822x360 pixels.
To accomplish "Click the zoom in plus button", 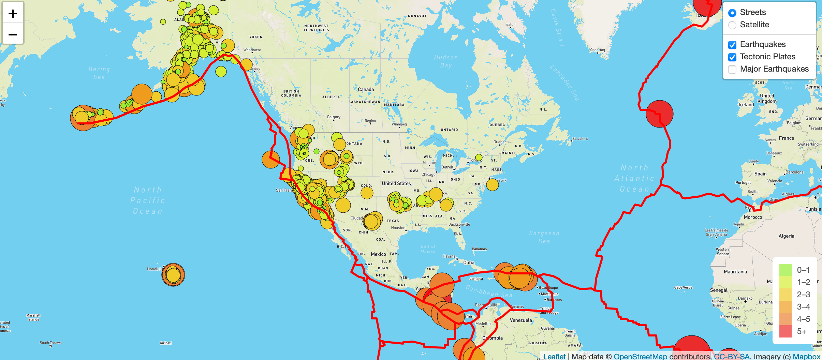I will pyautogui.click(x=13, y=13).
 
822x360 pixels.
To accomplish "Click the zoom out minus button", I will pyautogui.click(x=13, y=34).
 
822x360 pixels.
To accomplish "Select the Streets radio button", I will pyautogui.click(x=732, y=13).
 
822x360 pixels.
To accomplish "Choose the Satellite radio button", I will pyautogui.click(x=732, y=25).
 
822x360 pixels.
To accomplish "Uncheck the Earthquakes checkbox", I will pyautogui.click(x=732, y=45).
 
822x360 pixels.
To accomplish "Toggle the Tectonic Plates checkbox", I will pyautogui.click(x=732, y=57).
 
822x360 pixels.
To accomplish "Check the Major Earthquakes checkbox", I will pyautogui.click(x=732, y=69).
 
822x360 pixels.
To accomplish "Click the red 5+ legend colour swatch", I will pyautogui.click(x=785, y=331).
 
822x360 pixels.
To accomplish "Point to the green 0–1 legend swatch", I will pyautogui.click(x=785, y=270).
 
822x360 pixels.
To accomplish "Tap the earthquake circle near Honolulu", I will pyautogui.click(x=173, y=274).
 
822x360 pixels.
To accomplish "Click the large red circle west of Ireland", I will pyautogui.click(x=659, y=114).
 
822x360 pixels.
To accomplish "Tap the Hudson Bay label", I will pyautogui.click(x=446, y=61).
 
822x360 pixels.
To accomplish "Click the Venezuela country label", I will pyautogui.click(x=521, y=320).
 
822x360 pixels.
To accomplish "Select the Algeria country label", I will pyautogui.click(x=786, y=236).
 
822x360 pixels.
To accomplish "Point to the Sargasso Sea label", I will pyautogui.click(x=544, y=237).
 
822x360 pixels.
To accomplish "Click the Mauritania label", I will pyautogui.click(x=735, y=272).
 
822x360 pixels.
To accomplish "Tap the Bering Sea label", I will pyautogui.click(x=99, y=73).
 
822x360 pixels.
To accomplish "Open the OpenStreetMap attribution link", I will pyautogui.click(x=640, y=356).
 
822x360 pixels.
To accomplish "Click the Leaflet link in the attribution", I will pyautogui.click(x=554, y=356).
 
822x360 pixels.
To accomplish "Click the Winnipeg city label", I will pyautogui.click(x=399, y=124).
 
